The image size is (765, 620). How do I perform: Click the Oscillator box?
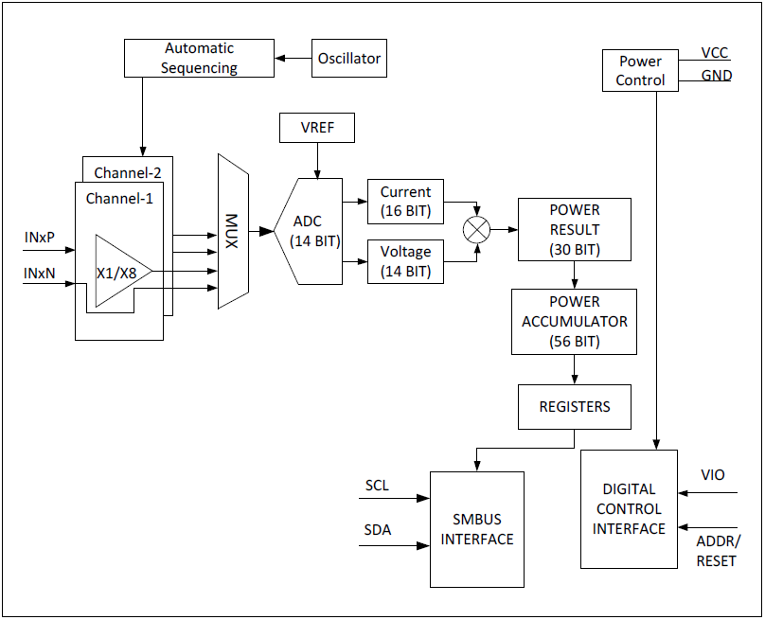tap(348, 59)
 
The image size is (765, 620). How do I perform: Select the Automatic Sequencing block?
tap(199, 58)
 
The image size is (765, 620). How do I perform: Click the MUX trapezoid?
tap(233, 232)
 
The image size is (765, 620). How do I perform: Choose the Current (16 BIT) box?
tap(405, 202)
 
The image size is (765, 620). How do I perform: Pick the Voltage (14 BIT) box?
tap(405, 261)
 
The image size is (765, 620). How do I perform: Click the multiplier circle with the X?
tap(477, 230)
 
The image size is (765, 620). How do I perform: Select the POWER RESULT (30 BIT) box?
tap(574, 230)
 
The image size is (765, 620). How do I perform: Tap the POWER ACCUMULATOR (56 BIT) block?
tap(574, 322)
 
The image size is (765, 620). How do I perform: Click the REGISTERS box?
tap(574, 407)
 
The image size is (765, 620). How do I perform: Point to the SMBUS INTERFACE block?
tap(477, 529)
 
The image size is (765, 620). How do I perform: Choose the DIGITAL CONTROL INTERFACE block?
tap(629, 509)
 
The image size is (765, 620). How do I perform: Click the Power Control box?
tap(640, 71)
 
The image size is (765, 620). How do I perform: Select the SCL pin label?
tap(377, 486)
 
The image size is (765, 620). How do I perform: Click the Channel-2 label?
tap(128, 172)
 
